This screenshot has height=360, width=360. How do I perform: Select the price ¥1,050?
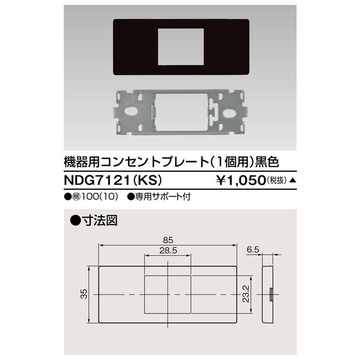click(242, 180)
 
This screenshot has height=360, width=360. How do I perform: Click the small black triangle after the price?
click(292, 180)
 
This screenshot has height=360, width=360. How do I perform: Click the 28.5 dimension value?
click(168, 250)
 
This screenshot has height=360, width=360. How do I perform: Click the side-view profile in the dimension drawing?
click(268, 294)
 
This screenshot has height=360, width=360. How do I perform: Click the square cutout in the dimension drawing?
click(168, 294)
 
